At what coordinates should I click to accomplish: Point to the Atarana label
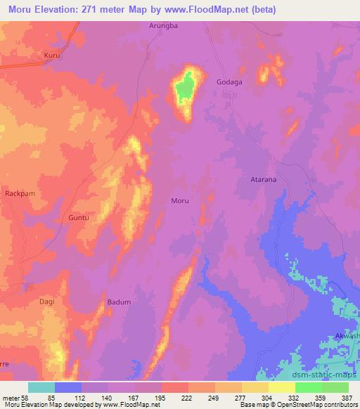pyautogui.click(x=263, y=180)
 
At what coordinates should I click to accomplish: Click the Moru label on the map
pyautogui.click(x=180, y=201)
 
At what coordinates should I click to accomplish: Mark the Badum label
pyautogui.click(x=119, y=302)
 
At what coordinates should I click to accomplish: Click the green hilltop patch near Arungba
pyautogui.click(x=184, y=89)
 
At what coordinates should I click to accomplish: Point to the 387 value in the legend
pyautogui.click(x=346, y=398)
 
